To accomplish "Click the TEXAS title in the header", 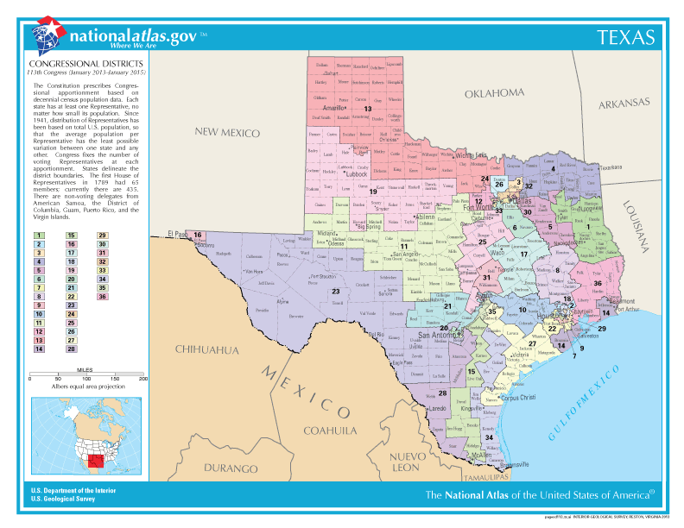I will [x=626, y=37].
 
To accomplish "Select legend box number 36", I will [x=102, y=297].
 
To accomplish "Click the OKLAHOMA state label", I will [x=494, y=93].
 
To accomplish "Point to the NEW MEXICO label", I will [x=226, y=132].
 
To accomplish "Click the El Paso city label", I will [x=178, y=234].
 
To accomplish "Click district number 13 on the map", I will [x=367, y=109].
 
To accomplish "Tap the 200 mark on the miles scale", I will [x=143, y=378].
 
